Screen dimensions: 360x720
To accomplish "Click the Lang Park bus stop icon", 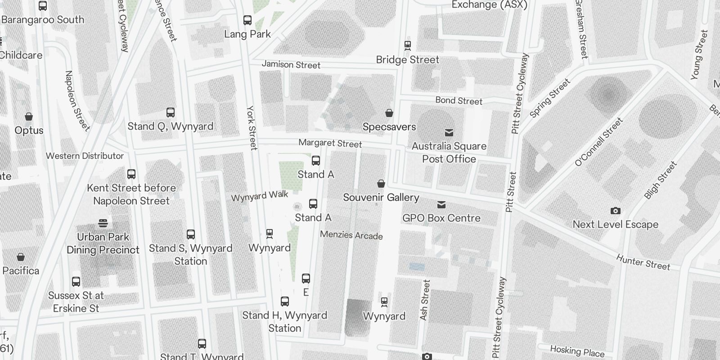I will [247, 20].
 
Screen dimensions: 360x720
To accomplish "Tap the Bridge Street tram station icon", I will [408, 45].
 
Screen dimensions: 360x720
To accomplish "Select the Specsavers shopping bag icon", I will [389, 113].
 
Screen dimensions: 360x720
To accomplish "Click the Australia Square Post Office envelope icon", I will [449, 133].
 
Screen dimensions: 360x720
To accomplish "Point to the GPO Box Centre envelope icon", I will [441, 205].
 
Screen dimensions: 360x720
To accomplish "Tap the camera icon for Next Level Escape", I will [615, 211].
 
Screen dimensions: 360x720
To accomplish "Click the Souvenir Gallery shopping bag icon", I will [381, 184].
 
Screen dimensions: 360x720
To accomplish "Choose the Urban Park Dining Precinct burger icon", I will [103, 223].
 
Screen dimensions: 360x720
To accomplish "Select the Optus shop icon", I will [29, 117].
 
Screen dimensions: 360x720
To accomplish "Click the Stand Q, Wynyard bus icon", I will [171, 112].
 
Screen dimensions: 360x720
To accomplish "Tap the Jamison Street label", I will [291, 65].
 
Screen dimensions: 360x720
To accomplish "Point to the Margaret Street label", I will [330, 143].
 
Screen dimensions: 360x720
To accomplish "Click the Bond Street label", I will [459, 100].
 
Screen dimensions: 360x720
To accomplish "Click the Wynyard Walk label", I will [260, 196].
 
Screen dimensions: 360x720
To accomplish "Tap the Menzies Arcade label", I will [351, 235].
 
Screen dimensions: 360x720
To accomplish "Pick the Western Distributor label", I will [85, 156].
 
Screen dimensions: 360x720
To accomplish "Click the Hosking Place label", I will [577, 351].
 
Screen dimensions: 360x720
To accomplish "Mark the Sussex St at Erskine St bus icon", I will [76, 282].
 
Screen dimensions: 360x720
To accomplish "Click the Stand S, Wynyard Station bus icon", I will [191, 234].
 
